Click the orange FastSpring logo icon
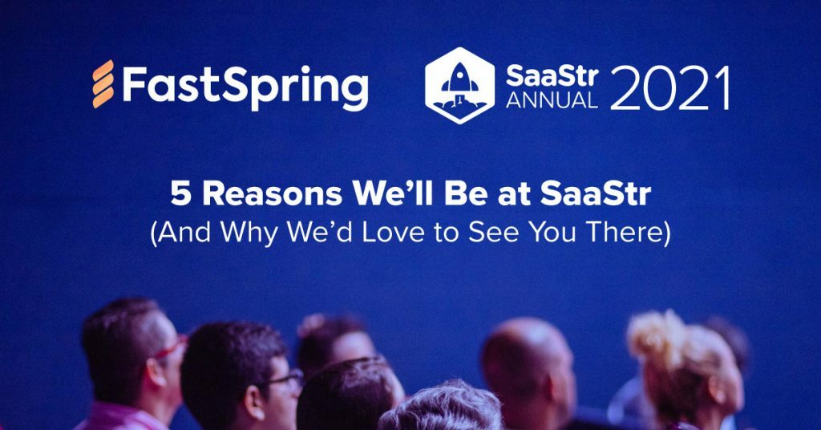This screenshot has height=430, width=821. tap(102, 83)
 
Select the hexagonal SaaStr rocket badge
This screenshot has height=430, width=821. tap(459, 85)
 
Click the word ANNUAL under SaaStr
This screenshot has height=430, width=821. tap(552, 100)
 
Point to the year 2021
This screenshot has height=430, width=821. tap(669, 87)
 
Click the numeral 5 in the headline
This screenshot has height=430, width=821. tap(180, 196)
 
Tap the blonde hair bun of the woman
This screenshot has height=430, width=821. tap(653, 337)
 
